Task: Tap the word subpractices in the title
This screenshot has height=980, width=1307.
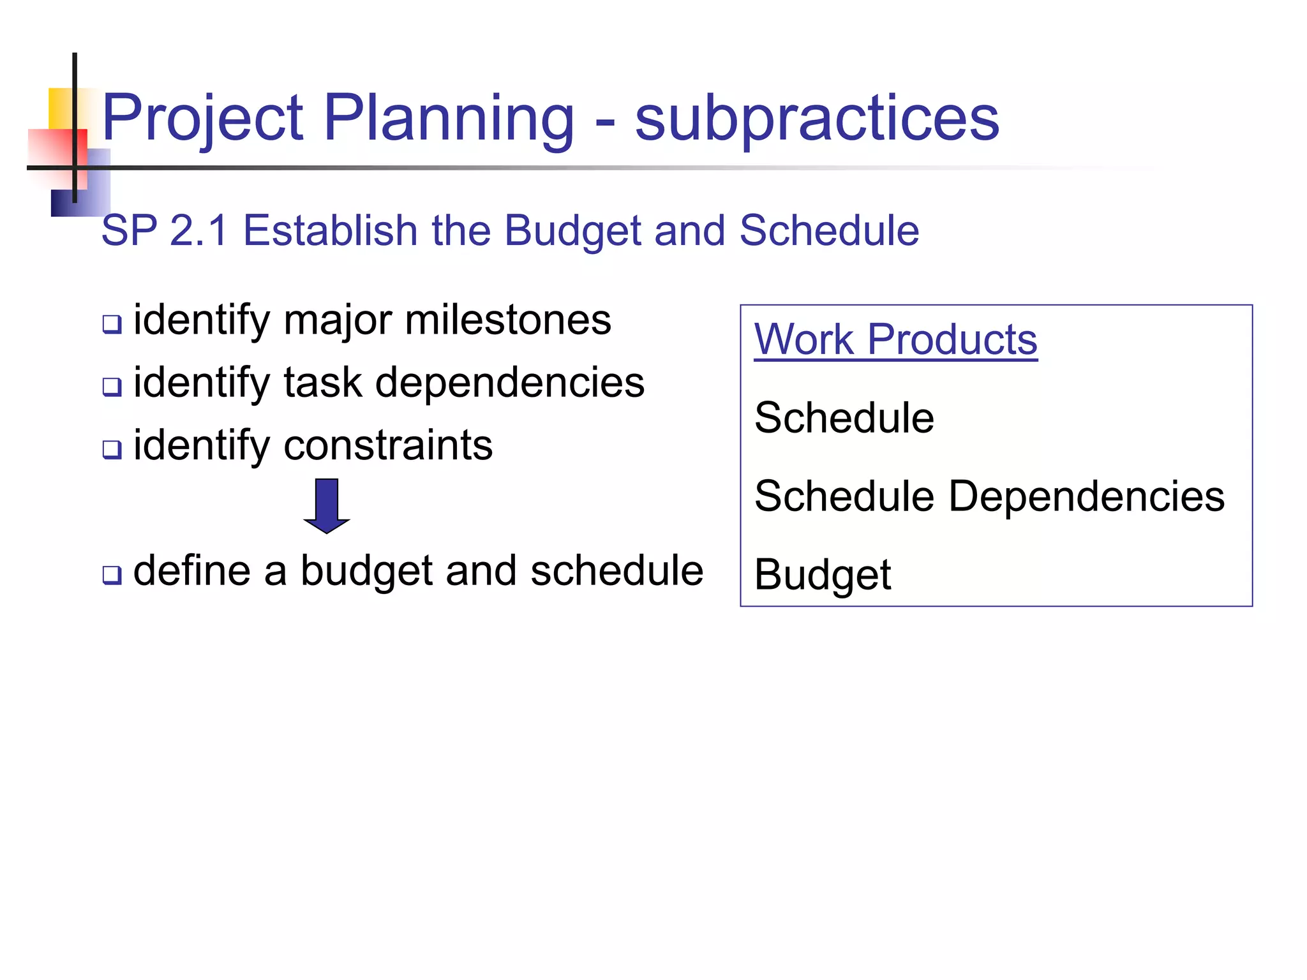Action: click(x=817, y=119)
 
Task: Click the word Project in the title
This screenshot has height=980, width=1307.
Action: click(x=202, y=119)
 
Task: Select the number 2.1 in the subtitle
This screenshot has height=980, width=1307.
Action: click(x=199, y=230)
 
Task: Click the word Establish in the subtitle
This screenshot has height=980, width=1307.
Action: click(x=330, y=230)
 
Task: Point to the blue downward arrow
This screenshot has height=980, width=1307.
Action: click(x=327, y=505)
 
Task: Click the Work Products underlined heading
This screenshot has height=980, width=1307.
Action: click(x=895, y=339)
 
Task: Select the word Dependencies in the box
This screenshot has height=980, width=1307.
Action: click(x=1086, y=496)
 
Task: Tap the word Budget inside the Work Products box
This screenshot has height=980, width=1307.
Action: click(x=823, y=575)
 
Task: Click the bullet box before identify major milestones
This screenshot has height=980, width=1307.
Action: click(x=112, y=324)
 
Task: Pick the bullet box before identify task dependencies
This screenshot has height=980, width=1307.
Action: click(x=112, y=387)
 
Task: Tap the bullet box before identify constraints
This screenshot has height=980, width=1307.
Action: click(x=112, y=449)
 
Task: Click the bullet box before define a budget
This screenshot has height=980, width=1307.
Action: click(x=112, y=575)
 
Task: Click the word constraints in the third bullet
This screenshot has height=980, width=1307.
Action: click(x=388, y=445)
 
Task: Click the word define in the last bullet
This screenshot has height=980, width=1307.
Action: click(x=191, y=570)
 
